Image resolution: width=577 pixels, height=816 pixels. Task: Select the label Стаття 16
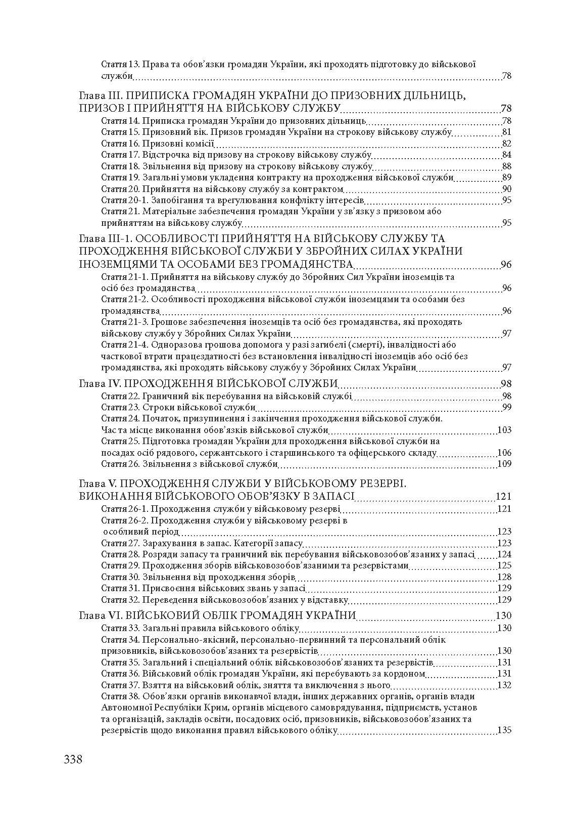click(120, 143)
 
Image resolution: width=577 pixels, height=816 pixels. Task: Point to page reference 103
click(504, 430)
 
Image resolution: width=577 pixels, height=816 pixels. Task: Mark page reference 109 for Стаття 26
click(504, 464)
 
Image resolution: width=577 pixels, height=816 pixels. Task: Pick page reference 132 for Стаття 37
click(504, 685)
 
